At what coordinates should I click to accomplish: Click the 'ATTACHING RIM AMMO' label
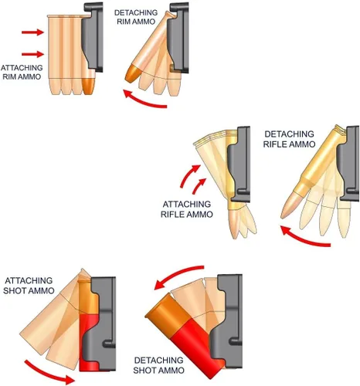(22, 72)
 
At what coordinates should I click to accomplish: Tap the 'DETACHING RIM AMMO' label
(136, 17)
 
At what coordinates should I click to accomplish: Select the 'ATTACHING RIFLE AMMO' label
(187, 209)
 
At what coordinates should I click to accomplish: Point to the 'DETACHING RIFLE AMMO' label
(289, 139)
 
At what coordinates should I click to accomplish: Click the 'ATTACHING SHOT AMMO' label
(29, 286)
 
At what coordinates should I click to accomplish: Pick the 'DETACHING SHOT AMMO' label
(159, 365)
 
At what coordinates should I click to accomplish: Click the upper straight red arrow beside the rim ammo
(32, 32)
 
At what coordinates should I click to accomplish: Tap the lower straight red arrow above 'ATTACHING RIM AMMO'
(32, 54)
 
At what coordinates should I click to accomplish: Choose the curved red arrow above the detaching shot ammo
(178, 273)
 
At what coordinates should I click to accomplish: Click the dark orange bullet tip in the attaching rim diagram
(88, 86)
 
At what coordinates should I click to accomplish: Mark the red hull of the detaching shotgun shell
(197, 349)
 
